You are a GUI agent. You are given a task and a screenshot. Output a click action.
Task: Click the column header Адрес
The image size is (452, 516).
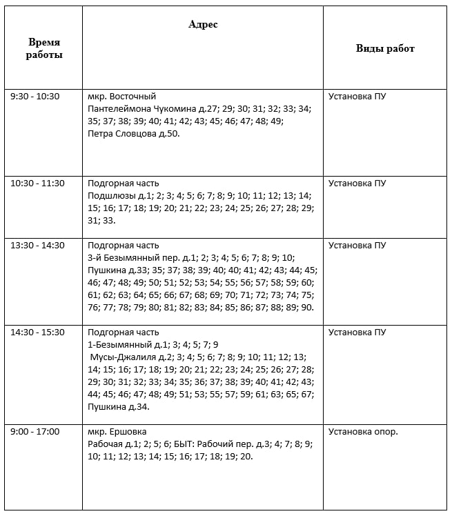coord(203,24)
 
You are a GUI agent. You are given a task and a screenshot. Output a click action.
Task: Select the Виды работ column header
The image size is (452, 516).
coord(385,48)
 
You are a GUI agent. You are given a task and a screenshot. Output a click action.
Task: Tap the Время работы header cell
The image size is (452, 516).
coord(44,48)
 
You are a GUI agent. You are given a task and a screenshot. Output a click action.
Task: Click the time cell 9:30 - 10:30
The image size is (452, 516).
coord(35,96)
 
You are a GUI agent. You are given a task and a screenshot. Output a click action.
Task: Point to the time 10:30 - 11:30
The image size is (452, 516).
coord(37,183)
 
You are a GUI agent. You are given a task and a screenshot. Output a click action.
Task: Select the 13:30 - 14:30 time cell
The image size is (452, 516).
coord(37,245)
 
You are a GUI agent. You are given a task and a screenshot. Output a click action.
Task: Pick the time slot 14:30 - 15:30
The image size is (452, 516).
coord(37,332)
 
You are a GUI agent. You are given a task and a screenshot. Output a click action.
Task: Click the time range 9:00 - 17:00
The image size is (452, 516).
coord(35,431)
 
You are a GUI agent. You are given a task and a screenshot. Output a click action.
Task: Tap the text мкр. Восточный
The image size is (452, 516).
coord(122,96)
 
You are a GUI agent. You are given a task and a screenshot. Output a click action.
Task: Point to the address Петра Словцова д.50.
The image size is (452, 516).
coord(134,133)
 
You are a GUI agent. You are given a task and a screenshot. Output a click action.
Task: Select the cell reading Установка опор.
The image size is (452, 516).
coord(363,431)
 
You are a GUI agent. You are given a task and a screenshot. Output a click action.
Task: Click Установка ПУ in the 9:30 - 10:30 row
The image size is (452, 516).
coord(357,96)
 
